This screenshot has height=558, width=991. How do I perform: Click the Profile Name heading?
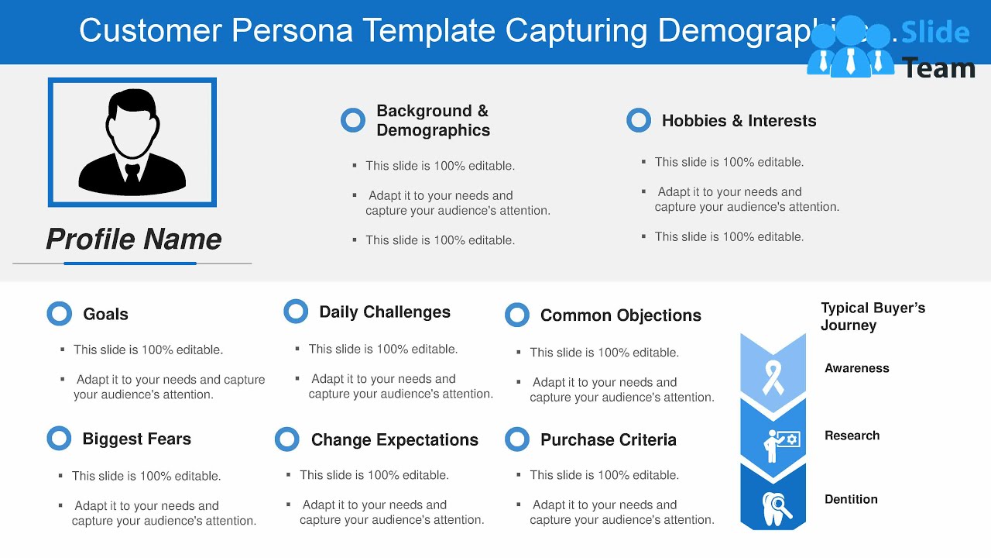134,239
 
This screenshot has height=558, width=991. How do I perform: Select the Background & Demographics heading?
433,120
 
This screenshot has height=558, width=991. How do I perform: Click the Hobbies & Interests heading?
739,121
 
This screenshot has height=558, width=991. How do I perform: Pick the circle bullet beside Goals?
60,313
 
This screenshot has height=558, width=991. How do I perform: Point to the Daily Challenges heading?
385,312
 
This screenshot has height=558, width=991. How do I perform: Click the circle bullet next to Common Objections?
517,315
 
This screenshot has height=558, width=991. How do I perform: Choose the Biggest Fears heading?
136,439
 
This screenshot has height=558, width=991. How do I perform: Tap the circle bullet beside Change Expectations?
287,439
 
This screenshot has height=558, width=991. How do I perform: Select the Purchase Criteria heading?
608,439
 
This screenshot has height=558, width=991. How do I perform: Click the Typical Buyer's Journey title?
873,316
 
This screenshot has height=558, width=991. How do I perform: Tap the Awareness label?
857,368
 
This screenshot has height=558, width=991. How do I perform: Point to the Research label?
852,436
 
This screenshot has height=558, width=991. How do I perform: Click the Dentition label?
851,499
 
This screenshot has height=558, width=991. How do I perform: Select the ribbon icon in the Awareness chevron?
773,376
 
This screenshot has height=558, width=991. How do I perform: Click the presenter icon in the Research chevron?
777,443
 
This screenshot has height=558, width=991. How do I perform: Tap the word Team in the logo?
939,68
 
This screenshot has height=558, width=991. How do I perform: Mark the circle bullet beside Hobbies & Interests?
639,120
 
